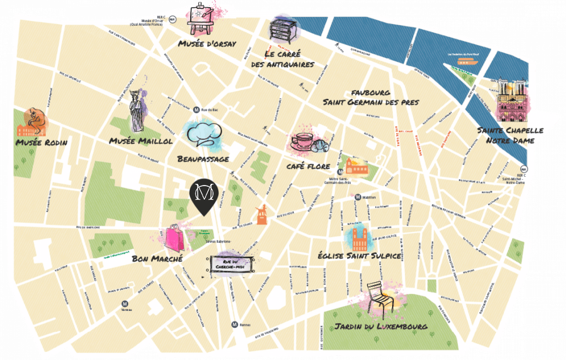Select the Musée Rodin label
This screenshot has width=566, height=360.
pos(42,143)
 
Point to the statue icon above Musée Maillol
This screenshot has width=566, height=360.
pos(138,111)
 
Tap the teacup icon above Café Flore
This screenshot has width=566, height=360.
pos(303,141)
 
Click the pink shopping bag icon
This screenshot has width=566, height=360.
pos(175,238)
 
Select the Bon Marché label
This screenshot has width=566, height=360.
pos(157,258)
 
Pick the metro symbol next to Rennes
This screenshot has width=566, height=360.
pos(234,324)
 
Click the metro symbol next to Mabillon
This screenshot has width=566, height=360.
pos(358,197)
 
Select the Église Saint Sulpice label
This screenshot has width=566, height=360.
pos(358,256)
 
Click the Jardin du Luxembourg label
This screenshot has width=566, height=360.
pos(381,327)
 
